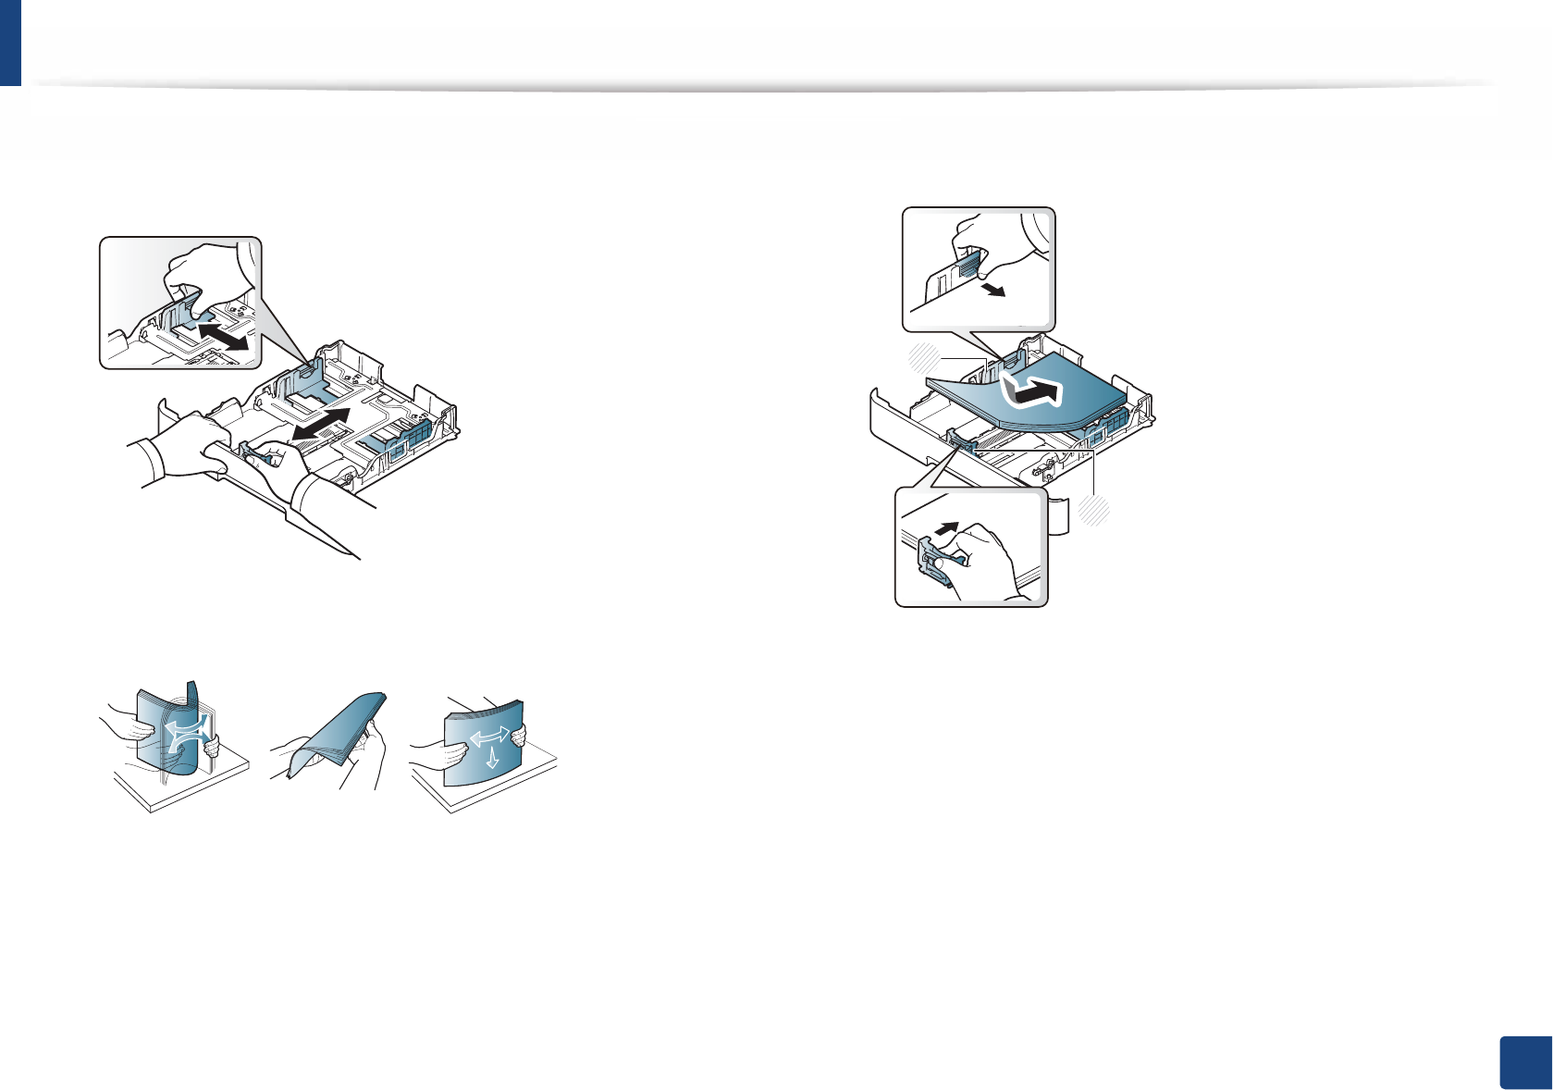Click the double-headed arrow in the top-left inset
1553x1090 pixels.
[223, 335]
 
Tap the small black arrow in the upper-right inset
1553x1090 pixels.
[993, 291]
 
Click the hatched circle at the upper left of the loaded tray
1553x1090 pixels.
[923, 357]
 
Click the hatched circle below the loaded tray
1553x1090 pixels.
[1095, 511]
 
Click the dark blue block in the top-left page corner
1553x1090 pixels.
[10, 43]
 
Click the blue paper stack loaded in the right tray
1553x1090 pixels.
[1027, 393]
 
